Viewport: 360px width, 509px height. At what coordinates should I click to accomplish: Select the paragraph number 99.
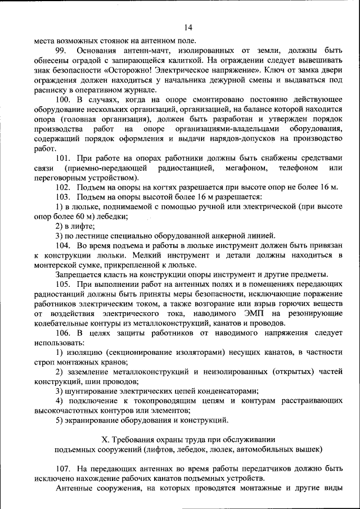tap(62, 51)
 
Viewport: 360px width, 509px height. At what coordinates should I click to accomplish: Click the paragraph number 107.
tap(64, 468)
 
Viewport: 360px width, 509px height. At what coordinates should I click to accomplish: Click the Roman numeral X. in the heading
tap(103, 439)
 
